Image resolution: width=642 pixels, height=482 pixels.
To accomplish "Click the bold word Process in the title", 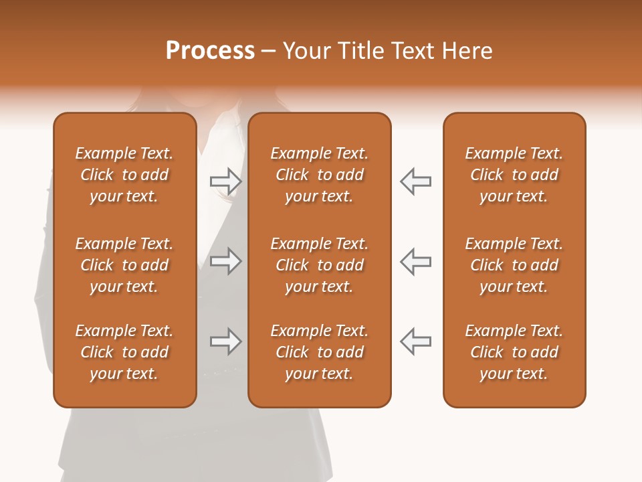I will pyautogui.click(x=210, y=51).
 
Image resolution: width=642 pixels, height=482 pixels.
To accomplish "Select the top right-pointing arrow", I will pyautogui.click(x=226, y=181).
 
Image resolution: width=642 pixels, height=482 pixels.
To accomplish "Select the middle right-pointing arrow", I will pyautogui.click(x=226, y=261).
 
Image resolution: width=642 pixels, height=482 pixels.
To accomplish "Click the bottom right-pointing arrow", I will pyautogui.click(x=226, y=341).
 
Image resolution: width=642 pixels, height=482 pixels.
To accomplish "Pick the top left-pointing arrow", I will pyautogui.click(x=416, y=181).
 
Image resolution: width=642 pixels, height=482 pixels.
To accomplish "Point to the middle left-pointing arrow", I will pyautogui.click(x=416, y=261).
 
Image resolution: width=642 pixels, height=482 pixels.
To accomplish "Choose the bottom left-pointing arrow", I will pyautogui.click(x=416, y=341).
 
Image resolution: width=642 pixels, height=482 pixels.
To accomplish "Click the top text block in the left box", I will pyautogui.click(x=124, y=175).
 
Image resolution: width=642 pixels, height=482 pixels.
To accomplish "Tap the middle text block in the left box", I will pyautogui.click(x=124, y=265).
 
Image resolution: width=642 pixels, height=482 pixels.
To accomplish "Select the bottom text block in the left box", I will pyautogui.click(x=124, y=352).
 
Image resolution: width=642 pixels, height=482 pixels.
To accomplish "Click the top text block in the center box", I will pyautogui.click(x=319, y=175).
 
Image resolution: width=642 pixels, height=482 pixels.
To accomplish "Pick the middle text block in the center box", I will pyautogui.click(x=319, y=265).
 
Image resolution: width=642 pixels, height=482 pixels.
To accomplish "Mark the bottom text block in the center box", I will pyautogui.click(x=319, y=352).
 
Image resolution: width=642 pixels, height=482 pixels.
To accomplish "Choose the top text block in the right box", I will pyautogui.click(x=514, y=175).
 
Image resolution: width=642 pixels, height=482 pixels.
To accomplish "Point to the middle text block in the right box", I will pyautogui.click(x=514, y=265).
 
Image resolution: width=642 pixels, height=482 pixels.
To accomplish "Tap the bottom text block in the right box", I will pyautogui.click(x=514, y=352).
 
